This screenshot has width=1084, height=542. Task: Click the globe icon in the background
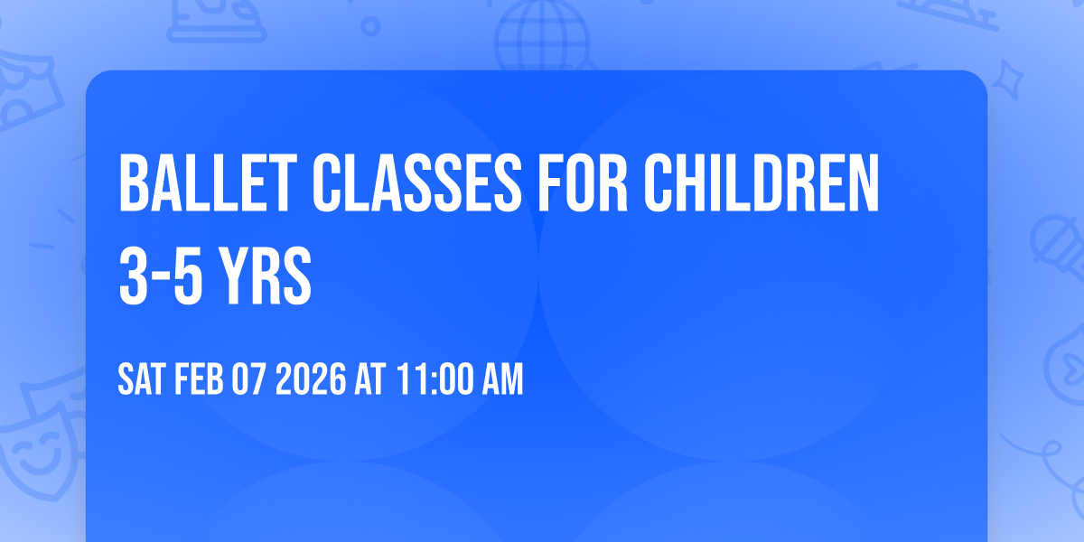539,36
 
